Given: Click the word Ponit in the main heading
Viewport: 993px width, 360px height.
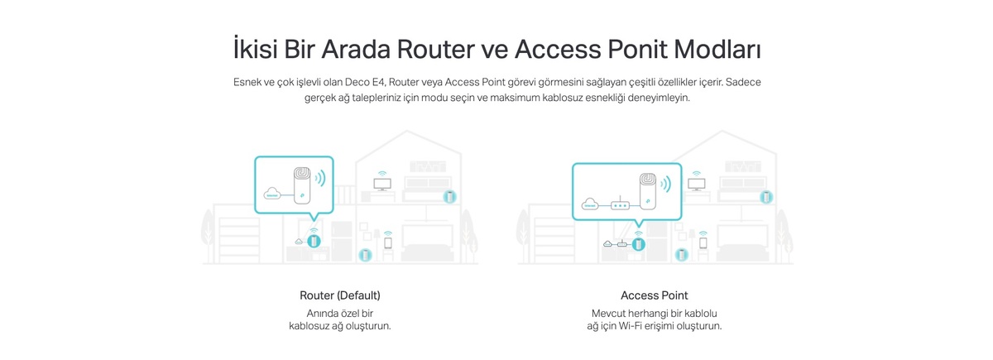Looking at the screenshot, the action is point(637,49).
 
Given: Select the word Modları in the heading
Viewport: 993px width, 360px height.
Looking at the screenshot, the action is point(717,49).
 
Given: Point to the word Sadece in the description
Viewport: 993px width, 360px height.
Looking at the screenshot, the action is point(743,82).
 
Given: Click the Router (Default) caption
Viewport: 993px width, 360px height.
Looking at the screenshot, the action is point(340,295).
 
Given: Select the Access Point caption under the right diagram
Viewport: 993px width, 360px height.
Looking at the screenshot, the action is point(655,295).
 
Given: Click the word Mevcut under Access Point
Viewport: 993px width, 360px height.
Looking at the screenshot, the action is point(608,314).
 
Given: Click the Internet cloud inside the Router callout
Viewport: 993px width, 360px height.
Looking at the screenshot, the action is point(272,194).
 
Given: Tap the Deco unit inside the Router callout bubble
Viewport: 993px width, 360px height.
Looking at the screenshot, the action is point(302,185).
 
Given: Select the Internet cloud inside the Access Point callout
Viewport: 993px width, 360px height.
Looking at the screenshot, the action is point(590,204).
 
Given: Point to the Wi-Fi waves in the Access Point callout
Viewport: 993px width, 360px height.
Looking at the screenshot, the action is point(666,185).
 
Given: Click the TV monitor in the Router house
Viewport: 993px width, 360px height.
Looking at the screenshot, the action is point(382,184).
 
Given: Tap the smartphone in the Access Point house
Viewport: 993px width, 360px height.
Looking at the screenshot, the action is point(703,243).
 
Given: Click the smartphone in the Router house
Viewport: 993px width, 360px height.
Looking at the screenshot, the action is point(388,243).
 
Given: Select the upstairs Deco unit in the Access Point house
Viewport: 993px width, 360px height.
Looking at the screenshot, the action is point(766,197).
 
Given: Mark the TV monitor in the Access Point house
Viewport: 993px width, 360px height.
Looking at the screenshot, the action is point(697,184).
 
